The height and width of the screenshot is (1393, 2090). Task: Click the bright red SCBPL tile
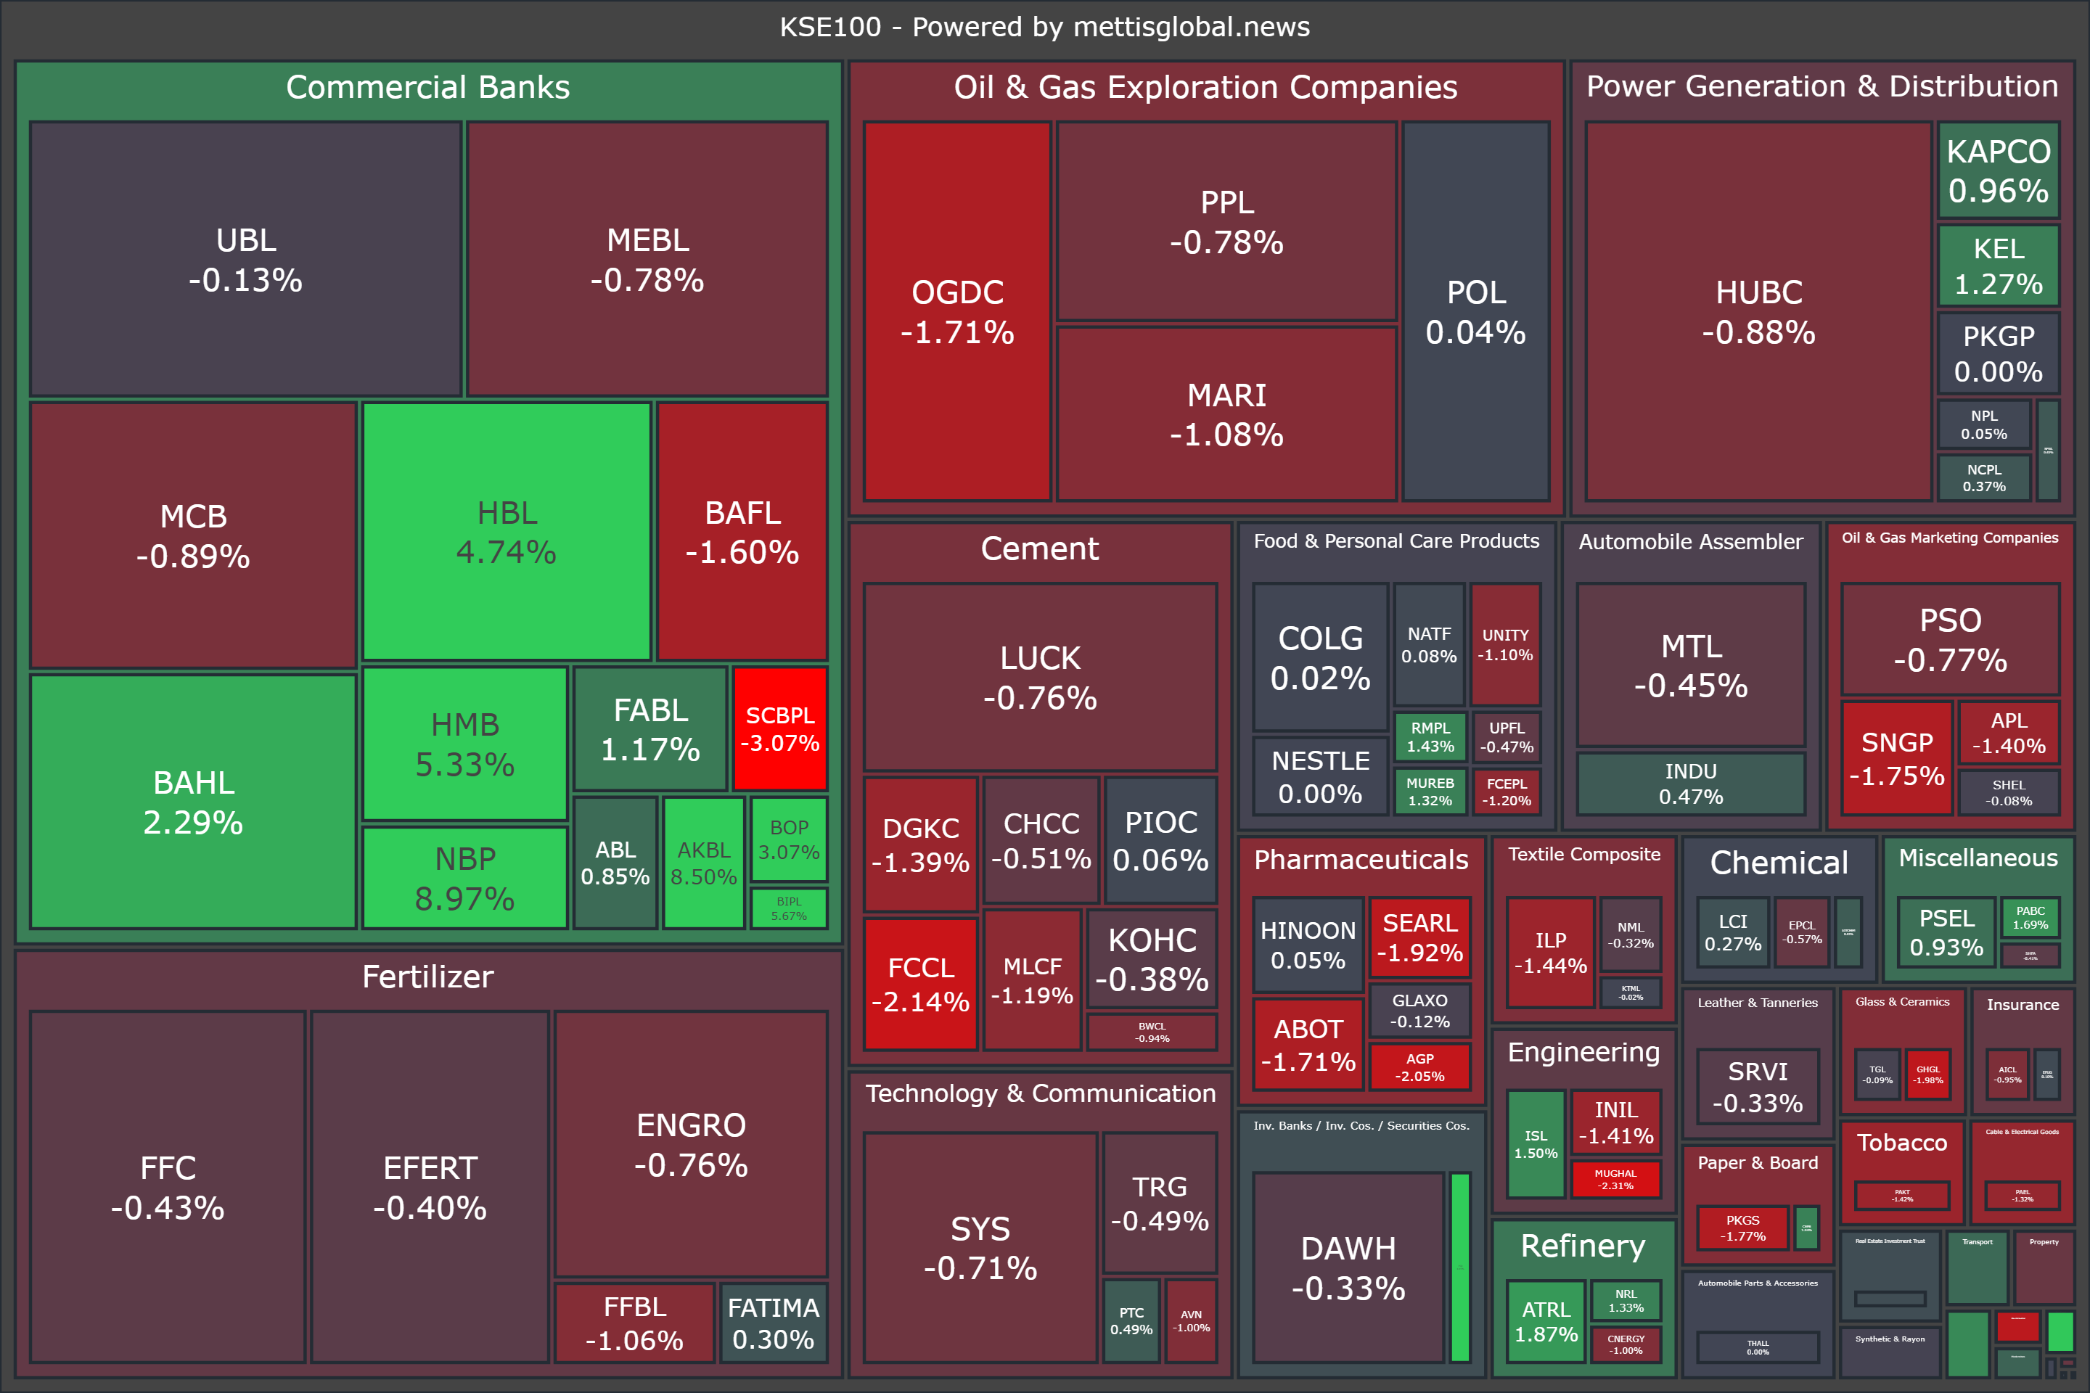point(780,728)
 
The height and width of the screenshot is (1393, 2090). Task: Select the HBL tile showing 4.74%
point(507,531)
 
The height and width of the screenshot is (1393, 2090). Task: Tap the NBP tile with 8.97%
point(464,878)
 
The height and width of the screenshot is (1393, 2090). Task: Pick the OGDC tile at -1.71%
point(957,311)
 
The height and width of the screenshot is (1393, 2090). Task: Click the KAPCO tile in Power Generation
point(1999,170)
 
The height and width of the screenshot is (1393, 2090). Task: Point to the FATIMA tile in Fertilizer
point(773,1323)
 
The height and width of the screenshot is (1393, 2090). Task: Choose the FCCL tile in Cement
point(921,984)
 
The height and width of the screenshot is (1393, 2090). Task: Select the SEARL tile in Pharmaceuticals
point(1420,937)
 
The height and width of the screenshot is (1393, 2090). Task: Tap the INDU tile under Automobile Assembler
point(1691,784)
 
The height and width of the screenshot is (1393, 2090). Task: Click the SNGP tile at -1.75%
point(1896,757)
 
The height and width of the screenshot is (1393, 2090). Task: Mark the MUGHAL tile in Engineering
point(1615,1179)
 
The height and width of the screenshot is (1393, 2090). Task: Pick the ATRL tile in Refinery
point(1546,1321)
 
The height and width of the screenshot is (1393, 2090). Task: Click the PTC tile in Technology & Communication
point(1131,1320)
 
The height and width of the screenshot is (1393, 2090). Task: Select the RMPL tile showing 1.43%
point(1430,736)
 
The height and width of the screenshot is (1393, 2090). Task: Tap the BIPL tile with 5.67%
point(789,908)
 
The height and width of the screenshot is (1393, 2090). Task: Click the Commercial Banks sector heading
point(427,87)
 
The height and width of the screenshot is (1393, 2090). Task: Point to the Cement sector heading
point(1040,548)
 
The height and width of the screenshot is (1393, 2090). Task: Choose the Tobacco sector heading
point(1901,1143)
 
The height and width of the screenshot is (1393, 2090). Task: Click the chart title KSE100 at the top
point(1044,27)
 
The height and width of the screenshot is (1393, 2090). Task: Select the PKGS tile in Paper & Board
point(1742,1228)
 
